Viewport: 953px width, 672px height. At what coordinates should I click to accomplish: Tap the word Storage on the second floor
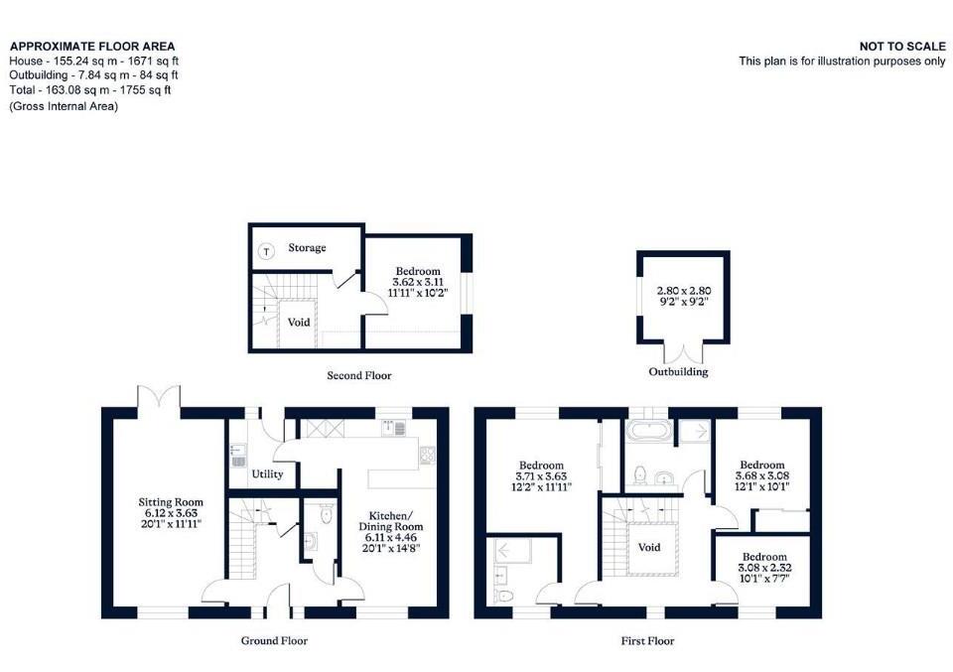click(307, 247)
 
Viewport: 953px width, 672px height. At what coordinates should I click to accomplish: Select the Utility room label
click(267, 474)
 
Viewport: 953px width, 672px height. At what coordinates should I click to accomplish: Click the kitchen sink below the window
click(394, 429)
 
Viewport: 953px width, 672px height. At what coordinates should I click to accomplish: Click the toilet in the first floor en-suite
click(504, 596)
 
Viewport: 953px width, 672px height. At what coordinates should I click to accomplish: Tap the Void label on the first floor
click(649, 547)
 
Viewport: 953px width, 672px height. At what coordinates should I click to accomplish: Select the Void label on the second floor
click(299, 323)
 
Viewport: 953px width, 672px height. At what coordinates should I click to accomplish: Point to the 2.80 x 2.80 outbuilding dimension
click(684, 291)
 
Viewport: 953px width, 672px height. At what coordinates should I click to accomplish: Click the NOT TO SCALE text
click(902, 46)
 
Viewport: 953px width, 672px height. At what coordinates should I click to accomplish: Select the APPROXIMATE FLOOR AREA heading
click(92, 46)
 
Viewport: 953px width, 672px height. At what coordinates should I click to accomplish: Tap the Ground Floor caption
click(274, 640)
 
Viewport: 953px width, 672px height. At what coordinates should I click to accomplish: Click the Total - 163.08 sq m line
click(90, 90)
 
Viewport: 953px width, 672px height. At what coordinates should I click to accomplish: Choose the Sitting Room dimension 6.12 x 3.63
click(163, 513)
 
